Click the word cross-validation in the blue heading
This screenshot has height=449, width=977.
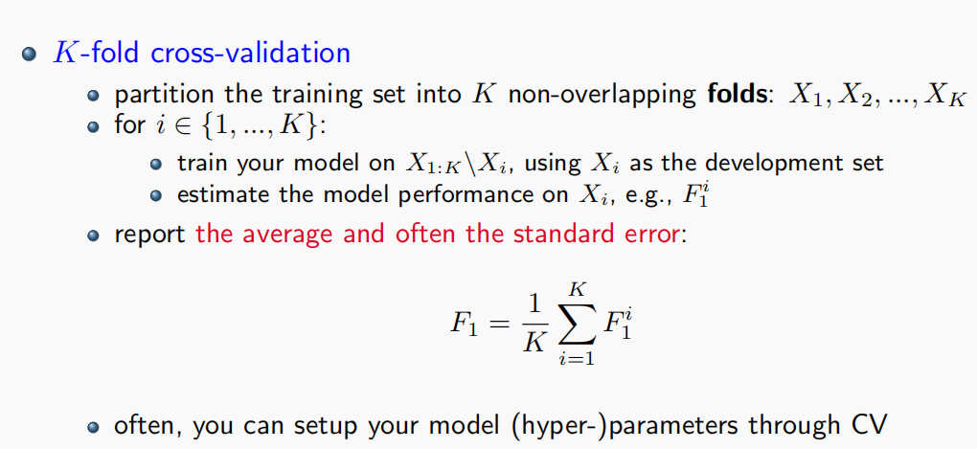tap(251, 53)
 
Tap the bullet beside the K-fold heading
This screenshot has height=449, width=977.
tap(29, 55)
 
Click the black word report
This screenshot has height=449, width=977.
tap(150, 236)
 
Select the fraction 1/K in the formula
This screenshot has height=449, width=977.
tap(534, 324)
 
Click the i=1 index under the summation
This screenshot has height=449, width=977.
tap(577, 360)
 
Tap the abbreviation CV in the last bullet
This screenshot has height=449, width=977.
tap(868, 425)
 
